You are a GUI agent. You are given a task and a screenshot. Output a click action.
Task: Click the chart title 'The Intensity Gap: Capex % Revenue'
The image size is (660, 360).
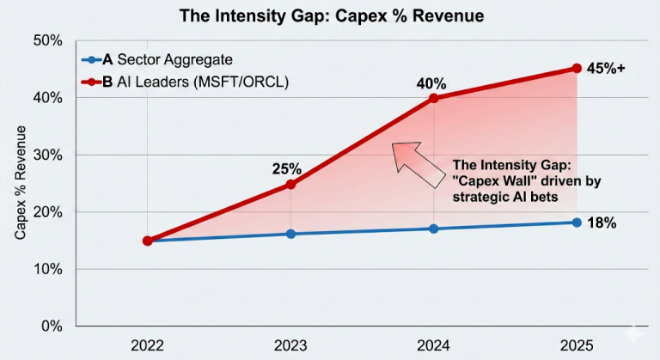(330, 15)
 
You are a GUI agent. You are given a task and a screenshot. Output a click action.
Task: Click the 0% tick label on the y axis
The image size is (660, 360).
(52, 326)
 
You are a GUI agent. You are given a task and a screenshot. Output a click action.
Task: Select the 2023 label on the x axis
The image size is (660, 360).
(291, 346)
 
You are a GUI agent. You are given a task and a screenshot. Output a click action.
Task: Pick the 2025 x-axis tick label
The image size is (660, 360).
(577, 346)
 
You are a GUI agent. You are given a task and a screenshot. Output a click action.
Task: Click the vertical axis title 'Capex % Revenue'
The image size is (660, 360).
(19, 184)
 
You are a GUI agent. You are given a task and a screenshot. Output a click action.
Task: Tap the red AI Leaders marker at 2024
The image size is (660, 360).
(434, 98)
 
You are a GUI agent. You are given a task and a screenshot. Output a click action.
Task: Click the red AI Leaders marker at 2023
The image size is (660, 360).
(291, 184)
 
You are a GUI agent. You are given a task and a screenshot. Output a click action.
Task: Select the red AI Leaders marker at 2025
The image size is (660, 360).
(577, 69)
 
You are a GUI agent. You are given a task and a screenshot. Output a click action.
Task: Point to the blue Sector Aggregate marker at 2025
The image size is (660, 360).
(577, 223)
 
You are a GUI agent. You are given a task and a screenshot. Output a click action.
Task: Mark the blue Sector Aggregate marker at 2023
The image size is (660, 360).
(291, 234)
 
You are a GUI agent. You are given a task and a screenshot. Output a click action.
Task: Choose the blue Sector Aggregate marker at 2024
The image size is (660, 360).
(434, 229)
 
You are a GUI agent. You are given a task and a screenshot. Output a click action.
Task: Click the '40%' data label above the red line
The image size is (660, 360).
(431, 84)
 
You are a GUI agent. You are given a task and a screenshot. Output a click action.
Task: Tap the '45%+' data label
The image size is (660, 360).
(607, 69)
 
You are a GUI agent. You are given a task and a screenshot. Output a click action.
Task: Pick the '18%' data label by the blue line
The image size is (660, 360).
(602, 223)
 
